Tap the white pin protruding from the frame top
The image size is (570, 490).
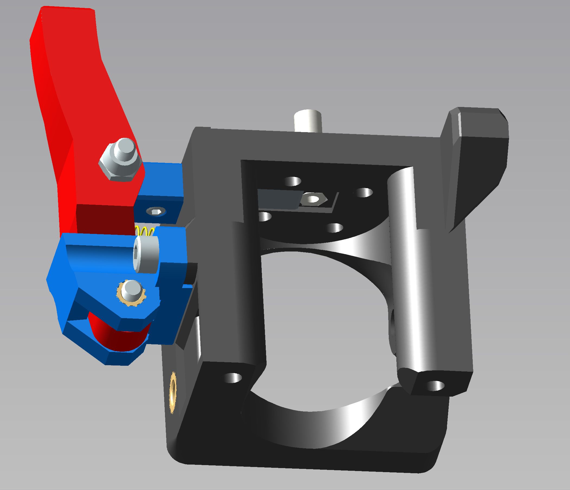point(307,121)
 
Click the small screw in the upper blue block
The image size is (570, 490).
point(156,212)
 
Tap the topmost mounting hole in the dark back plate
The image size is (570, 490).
point(293,181)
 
